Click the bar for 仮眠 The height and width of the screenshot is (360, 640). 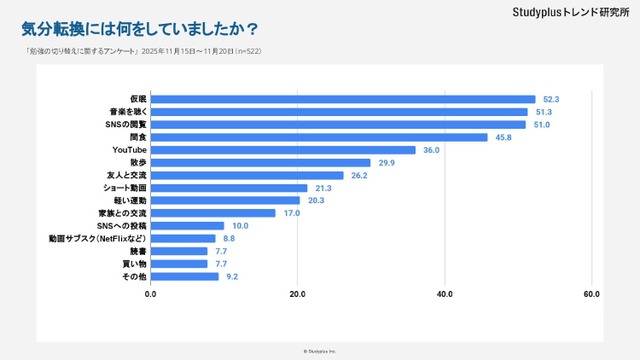[343, 99]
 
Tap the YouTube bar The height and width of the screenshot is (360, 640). [283, 150]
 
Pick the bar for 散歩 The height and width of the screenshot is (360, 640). [261, 162]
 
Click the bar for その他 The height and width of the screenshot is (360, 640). [185, 275]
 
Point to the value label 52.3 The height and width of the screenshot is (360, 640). [550, 99]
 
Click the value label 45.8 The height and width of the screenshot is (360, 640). [502, 137]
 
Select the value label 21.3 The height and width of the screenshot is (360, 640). [323, 188]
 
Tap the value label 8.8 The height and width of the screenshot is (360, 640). [230, 238]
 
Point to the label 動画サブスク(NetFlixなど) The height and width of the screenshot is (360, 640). [98, 238]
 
